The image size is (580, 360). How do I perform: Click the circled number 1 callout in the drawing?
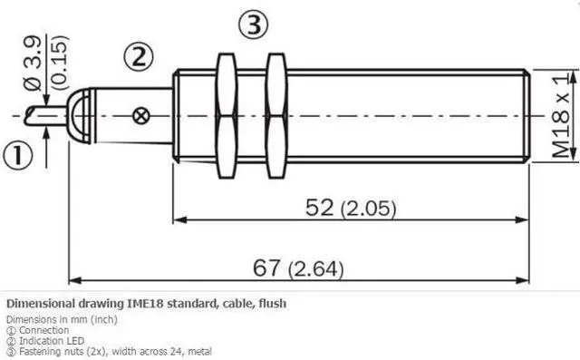pyautogui.click(x=18, y=155)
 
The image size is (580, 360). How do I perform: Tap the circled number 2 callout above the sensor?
pyautogui.click(x=138, y=57)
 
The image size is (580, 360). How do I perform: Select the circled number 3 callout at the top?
pyautogui.click(x=253, y=24)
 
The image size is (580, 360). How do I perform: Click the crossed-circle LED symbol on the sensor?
pyautogui.click(x=141, y=116)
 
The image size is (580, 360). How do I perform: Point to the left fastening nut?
pyautogui.click(x=226, y=116)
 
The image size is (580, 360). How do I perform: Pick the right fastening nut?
pyautogui.click(x=276, y=116)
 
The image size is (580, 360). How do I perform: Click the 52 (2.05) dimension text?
pyautogui.click(x=351, y=208)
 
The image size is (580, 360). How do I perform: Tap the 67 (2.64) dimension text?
pyautogui.click(x=298, y=268)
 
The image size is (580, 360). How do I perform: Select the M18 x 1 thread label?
pyautogui.click(x=561, y=115)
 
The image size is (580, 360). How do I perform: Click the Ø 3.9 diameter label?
pyautogui.click(x=34, y=63)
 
